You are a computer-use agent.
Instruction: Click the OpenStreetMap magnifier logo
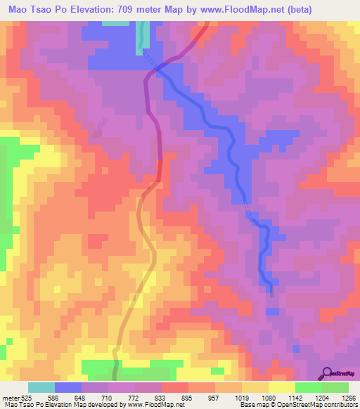click(328, 373)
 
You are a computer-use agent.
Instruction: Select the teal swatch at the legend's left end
click(41, 387)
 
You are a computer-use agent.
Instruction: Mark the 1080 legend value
click(269, 396)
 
